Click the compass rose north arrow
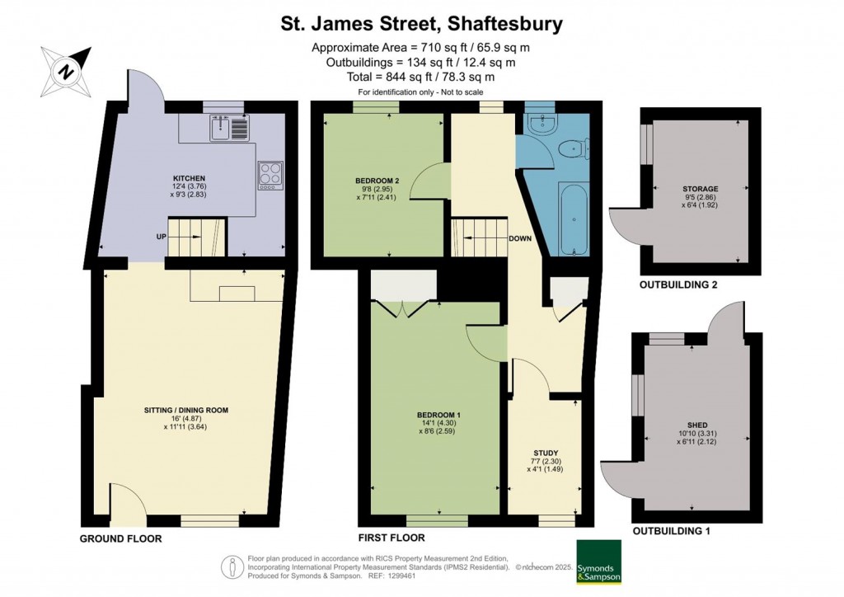(66, 72)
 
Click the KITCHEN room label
(189, 178)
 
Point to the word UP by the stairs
(161, 237)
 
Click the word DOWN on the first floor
(520, 238)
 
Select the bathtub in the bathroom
(574, 219)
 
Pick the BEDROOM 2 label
(377, 181)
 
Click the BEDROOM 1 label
(438, 415)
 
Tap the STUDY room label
(546, 453)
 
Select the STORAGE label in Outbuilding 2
(701, 189)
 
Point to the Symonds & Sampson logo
(598, 562)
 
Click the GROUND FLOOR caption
(120, 538)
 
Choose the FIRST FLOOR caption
(392, 538)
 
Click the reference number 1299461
(401, 576)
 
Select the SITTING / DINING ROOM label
(186, 410)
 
